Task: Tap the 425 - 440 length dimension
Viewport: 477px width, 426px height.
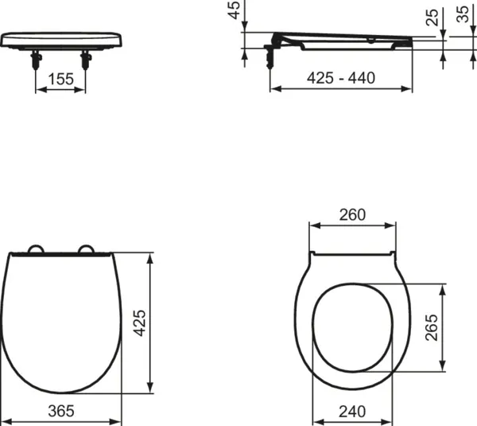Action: pos(342,78)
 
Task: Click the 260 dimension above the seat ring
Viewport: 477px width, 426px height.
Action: pos(351,214)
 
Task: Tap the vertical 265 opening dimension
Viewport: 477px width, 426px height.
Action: pos(432,326)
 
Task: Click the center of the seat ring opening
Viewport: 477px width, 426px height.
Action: pos(351,324)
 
